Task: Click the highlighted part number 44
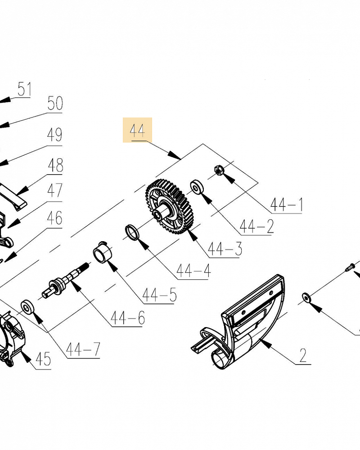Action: tap(137, 130)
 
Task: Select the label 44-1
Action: tap(287, 205)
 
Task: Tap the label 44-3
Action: tap(225, 248)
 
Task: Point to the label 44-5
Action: tap(159, 295)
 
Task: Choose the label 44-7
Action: tap(83, 349)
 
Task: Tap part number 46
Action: tap(54, 218)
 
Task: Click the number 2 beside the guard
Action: tap(303, 355)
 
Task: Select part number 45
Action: tap(43, 359)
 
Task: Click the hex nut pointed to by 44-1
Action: tap(220, 170)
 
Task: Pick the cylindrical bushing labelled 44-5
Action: tap(103, 252)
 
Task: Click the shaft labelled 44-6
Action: tap(66, 279)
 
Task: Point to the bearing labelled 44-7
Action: tap(27, 307)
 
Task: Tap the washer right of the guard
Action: tap(306, 298)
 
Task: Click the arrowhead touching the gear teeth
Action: tap(193, 234)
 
